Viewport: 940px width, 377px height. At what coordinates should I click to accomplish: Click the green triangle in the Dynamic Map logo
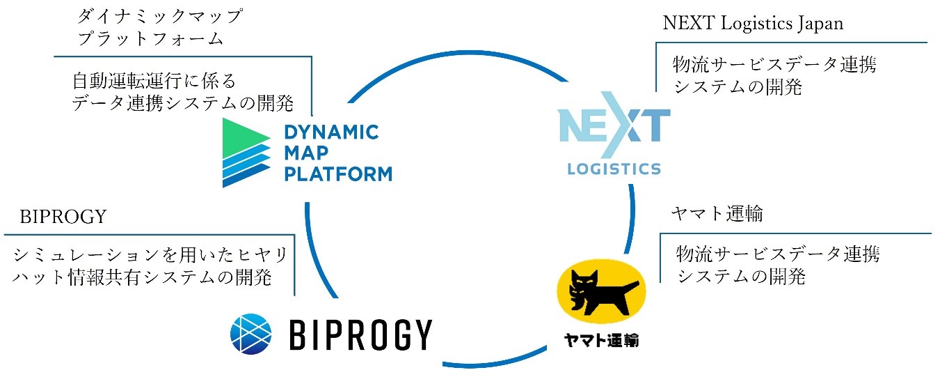click(x=243, y=133)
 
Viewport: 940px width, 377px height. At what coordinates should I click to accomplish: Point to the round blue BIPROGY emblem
click(x=249, y=332)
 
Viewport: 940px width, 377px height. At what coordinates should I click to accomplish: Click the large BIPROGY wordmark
click(x=359, y=334)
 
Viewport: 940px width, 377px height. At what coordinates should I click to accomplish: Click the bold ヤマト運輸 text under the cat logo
click(x=601, y=341)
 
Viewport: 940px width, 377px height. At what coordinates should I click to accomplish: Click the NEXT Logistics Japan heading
click(x=753, y=23)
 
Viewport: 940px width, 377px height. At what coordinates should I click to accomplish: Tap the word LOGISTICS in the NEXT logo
click(x=614, y=168)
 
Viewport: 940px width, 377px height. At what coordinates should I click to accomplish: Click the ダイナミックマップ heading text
click(x=160, y=15)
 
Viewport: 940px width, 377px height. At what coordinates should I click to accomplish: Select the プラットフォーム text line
click(x=150, y=38)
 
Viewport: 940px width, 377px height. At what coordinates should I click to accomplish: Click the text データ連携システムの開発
click(x=182, y=104)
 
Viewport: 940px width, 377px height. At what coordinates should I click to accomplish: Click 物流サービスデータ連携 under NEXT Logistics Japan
click(x=774, y=66)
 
